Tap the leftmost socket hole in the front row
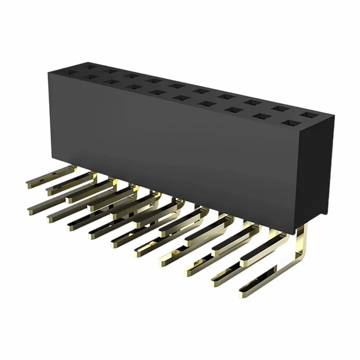[86, 77]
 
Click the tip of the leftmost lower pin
[31, 209]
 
